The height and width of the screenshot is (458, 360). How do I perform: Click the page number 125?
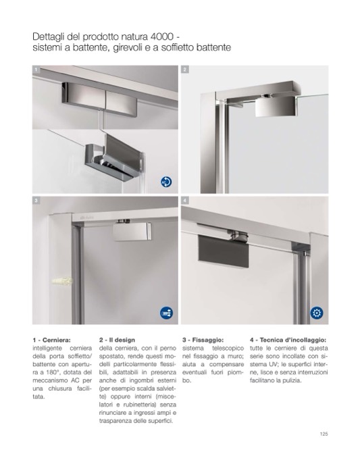pos(324,434)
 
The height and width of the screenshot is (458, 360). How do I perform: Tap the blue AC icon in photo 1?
pos(166,182)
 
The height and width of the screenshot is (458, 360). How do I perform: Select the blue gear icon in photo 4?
pos(317,313)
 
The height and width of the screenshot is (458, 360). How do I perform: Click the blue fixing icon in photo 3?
pos(166,313)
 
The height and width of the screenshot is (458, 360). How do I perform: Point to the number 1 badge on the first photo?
pos(36,70)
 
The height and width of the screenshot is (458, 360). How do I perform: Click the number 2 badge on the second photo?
pos(185,70)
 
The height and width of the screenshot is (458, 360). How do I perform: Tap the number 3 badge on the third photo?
pos(36,201)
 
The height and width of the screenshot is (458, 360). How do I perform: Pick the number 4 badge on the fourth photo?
pos(185,201)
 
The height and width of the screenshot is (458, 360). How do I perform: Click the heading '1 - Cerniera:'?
pos(52,340)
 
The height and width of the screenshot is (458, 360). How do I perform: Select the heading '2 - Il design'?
pos(117,340)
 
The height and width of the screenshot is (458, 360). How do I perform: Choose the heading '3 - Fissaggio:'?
pos(203,340)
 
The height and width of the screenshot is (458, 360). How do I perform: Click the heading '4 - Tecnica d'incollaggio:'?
pos(288,340)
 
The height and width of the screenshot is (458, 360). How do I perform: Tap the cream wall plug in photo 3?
pos(62,281)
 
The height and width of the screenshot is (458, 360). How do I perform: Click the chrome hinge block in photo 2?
pos(275,106)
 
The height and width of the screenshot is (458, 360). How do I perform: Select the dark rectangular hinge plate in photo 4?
pos(224,251)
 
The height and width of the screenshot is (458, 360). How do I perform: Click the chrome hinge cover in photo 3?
pos(132,232)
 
